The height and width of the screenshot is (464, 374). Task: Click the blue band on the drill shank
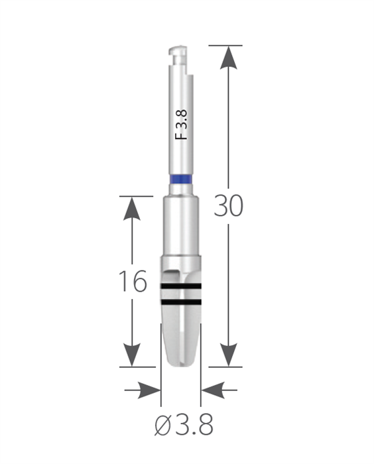pyautogui.click(x=181, y=180)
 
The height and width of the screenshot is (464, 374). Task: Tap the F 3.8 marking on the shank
pyautogui.click(x=181, y=125)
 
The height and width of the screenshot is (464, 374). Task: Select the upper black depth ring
pyautogui.click(x=181, y=286)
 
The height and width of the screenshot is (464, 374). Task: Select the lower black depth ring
pyautogui.click(x=181, y=302)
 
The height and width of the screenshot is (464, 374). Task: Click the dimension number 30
pyautogui.click(x=228, y=205)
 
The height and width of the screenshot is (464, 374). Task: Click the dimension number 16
pyautogui.click(x=133, y=281)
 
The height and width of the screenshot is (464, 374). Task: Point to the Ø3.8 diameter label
pyautogui.click(x=184, y=425)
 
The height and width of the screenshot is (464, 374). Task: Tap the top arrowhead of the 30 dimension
pyautogui.click(x=228, y=58)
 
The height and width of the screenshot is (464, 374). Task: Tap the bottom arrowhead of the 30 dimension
pyautogui.click(x=228, y=355)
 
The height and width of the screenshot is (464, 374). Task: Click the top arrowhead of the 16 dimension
pyautogui.click(x=132, y=208)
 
